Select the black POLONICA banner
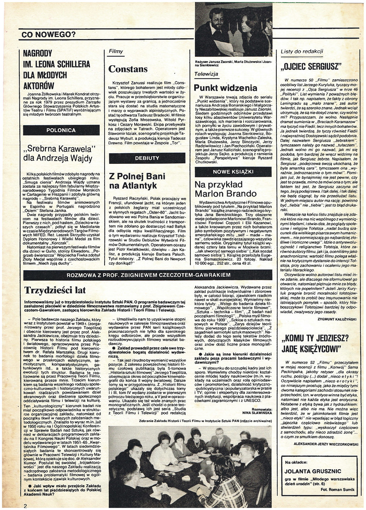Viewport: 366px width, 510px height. (62, 130)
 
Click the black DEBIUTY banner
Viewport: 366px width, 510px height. (147, 158)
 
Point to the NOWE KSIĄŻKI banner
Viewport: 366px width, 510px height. (233, 172)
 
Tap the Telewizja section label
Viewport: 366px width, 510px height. (207, 74)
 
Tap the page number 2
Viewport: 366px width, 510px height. (25, 505)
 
